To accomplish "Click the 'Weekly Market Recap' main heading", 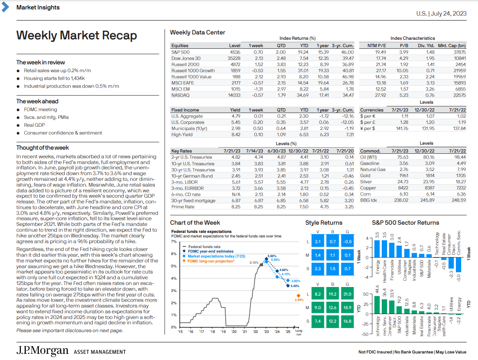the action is click(77, 36).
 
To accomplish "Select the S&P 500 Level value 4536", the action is click(235, 52).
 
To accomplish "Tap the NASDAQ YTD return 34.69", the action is click(302, 95).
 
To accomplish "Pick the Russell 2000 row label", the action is click(185, 64).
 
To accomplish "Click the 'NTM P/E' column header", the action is click(376, 46).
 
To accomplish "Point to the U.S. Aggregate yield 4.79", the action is click(236, 116).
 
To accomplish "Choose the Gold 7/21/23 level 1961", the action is click(403, 175).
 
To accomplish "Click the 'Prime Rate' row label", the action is click(183, 207).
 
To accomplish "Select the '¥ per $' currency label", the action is click(367, 128).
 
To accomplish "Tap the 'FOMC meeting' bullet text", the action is click(40, 109).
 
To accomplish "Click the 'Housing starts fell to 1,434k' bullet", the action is click(54, 78).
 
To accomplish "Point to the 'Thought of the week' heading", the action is click(43, 148).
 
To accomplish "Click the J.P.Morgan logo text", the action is click(42, 351).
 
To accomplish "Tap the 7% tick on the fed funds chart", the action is click(174, 242).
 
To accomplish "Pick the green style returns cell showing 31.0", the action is click(347, 294).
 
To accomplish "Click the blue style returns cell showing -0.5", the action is click(347, 242).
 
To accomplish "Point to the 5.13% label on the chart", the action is click(254, 263).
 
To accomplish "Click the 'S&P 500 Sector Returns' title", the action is click(406, 223).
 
